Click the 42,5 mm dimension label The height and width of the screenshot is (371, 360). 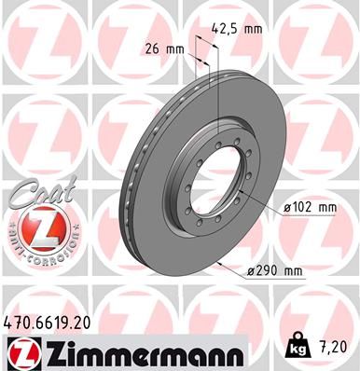pyautogui.click(x=238, y=28)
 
